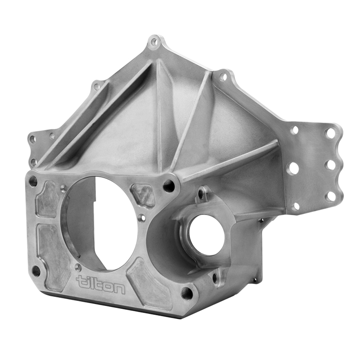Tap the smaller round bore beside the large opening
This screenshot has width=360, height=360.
(206, 235)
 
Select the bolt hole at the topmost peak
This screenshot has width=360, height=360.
(154, 41)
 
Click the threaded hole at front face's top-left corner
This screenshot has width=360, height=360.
(33, 181)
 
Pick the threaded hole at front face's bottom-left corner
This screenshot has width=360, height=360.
(36, 270)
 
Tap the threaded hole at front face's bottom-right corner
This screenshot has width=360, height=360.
(186, 293)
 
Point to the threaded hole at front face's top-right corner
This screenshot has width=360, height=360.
(169, 186)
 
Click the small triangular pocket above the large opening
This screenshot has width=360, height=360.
(143, 195)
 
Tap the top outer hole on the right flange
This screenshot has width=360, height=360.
(330, 133)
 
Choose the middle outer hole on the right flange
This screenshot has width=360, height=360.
(330, 165)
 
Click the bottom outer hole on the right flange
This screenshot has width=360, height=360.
(330, 196)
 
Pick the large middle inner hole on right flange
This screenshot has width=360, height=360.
(294, 168)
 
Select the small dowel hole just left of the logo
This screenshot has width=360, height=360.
(78, 267)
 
